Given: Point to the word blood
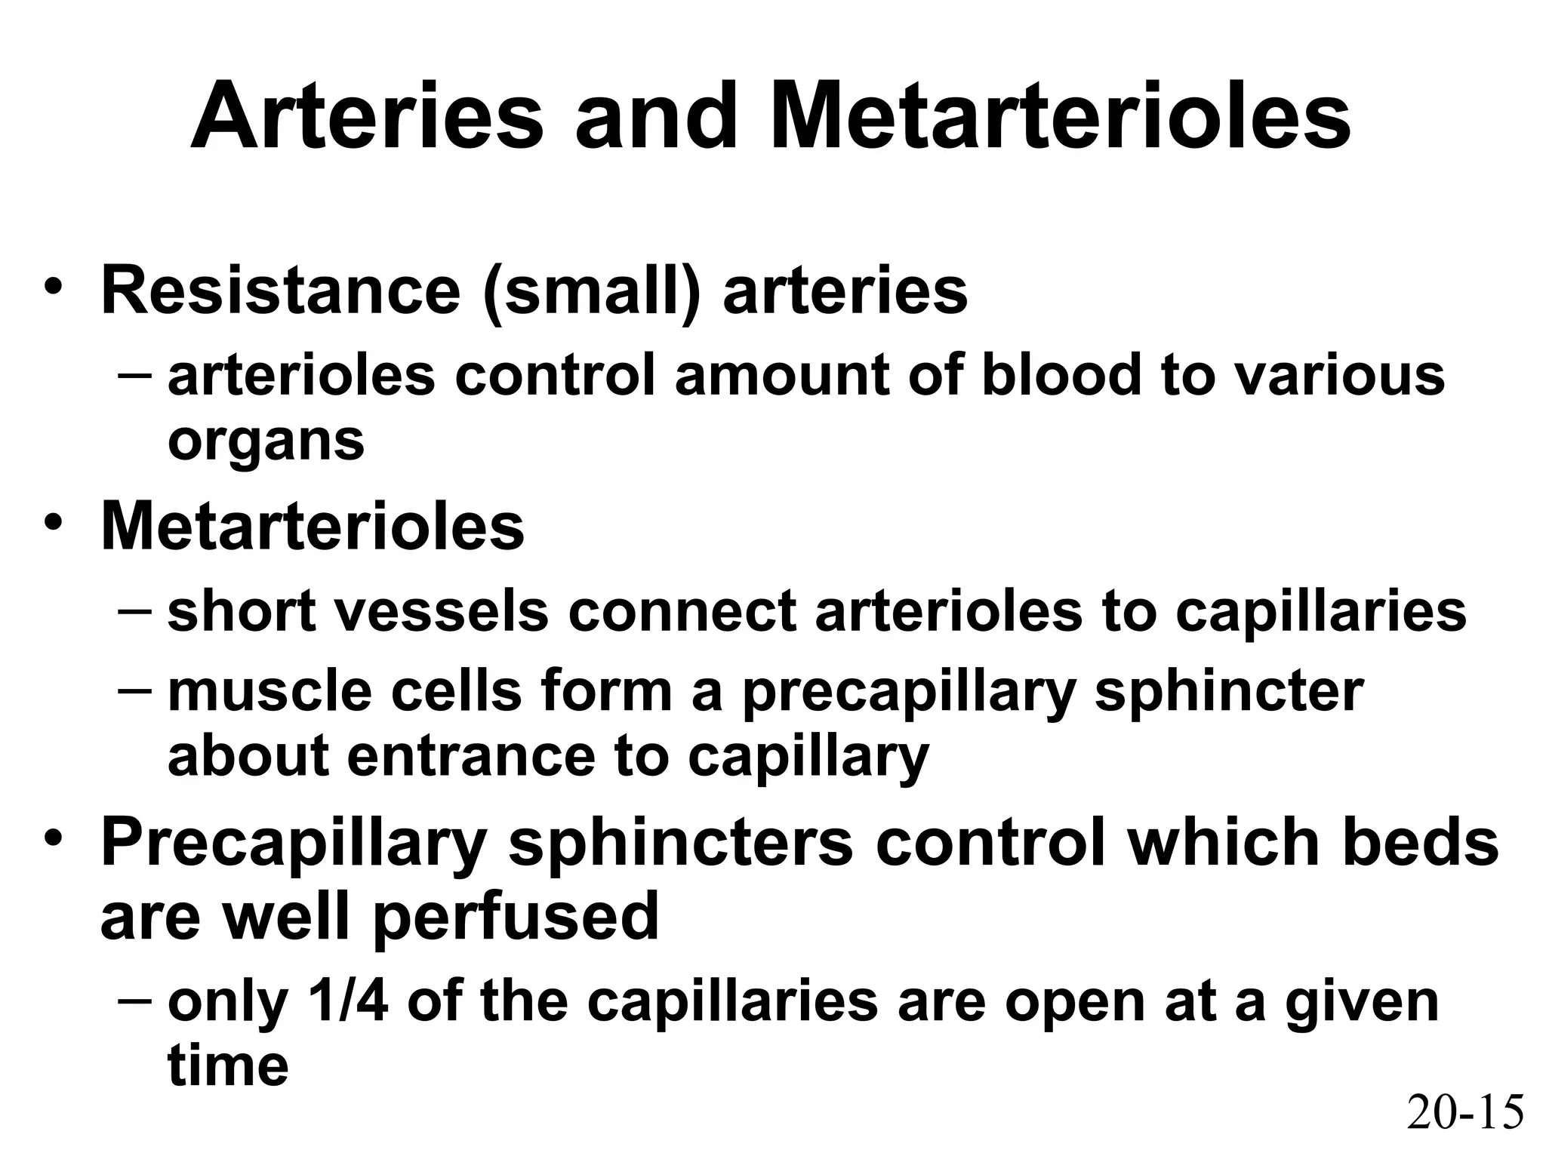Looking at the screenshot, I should click(1061, 375).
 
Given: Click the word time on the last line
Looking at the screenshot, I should click(228, 1065).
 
